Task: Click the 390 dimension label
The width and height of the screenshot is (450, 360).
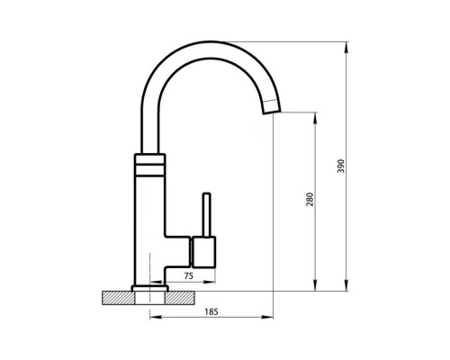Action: pyautogui.click(x=341, y=166)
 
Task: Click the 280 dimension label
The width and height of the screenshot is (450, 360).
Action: pyautogui.click(x=310, y=200)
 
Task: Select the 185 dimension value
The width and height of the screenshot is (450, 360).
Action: pyautogui.click(x=211, y=312)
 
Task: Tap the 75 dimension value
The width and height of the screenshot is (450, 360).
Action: pyautogui.click(x=189, y=276)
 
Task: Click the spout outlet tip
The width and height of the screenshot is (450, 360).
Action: pyautogui.click(x=272, y=112)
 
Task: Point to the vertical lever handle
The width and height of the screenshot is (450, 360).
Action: pyautogui.click(x=207, y=215)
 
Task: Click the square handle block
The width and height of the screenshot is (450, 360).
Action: pyautogui.click(x=203, y=252)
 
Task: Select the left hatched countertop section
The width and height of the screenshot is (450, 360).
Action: pyautogui.click(x=118, y=298)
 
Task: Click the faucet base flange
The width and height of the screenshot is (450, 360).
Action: pyautogui.click(x=150, y=288)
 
